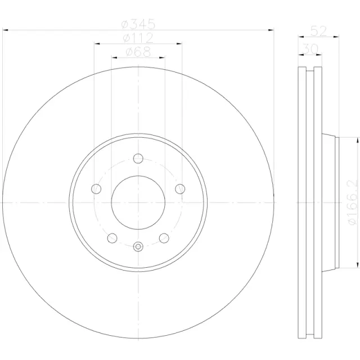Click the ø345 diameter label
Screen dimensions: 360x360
pyautogui.click(x=138, y=24)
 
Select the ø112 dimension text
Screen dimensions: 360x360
pyautogui.click(x=138, y=38)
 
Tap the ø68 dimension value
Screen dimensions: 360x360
pyautogui.click(x=138, y=52)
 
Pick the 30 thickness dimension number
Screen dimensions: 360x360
pyautogui.click(x=308, y=49)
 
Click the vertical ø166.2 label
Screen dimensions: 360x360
pyautogui.click(x=352, y=202)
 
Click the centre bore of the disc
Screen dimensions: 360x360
pyautogui.click(x=138, y=202)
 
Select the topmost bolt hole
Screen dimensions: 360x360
pyautogui.click(x=138, y=159)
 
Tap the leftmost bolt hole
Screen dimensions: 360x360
pyautogui.click(x=96, y=188)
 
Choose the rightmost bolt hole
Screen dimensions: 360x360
pyautogui.click(x=180, y=188)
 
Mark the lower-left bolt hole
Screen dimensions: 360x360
pyautogui.click(x=112, y=238)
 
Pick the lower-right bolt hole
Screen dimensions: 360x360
pyautogui.click(x=164, y=238)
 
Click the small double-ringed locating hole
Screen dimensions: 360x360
pyautogui.click(x=138, y=245)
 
